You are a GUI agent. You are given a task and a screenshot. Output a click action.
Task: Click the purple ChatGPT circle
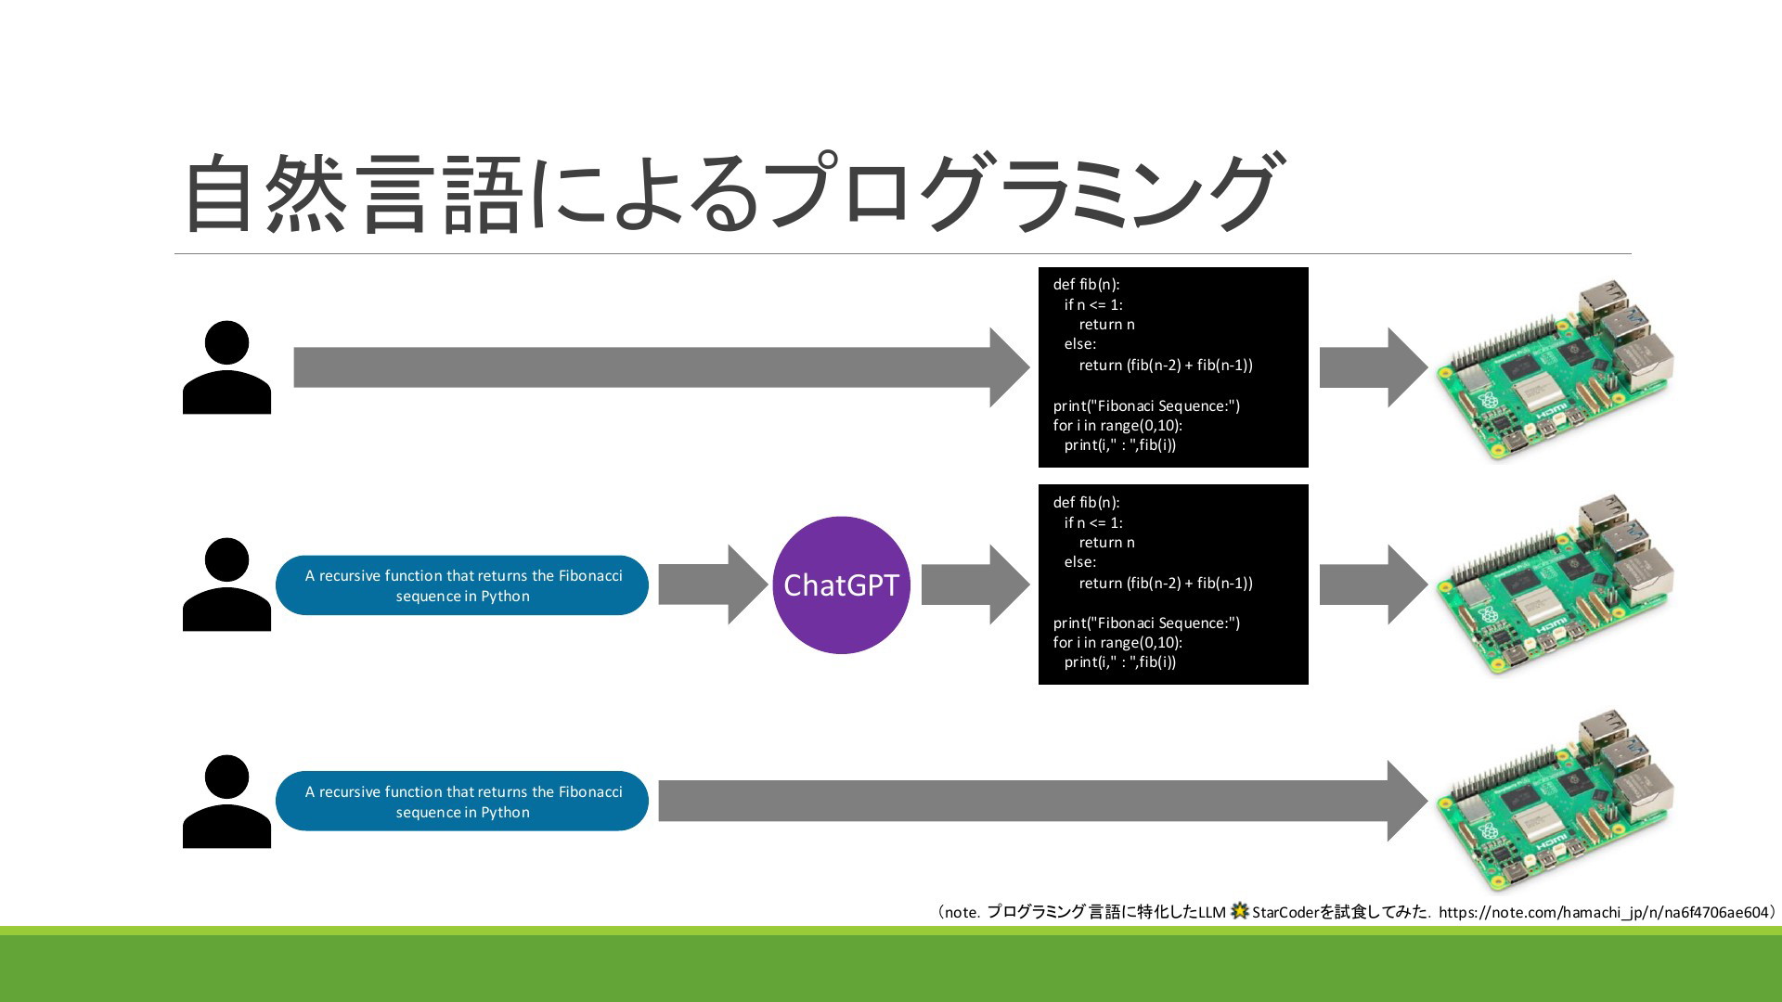click(841, 584)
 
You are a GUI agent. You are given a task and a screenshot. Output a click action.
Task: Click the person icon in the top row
click(226, 367)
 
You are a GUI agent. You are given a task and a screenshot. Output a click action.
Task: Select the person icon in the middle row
click(226, 584)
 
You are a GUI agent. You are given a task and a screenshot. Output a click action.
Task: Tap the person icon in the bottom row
click(226, 802)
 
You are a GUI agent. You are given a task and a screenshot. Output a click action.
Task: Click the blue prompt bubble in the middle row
click(462, 585)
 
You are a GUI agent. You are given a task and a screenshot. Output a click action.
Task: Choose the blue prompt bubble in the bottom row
click(462, 802)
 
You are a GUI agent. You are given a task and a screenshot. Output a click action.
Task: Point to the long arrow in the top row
click(662, 367)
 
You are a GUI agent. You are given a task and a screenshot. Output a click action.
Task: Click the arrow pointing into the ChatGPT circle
click(714, 584)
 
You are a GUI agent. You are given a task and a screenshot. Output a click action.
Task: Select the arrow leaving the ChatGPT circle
click(975, 584)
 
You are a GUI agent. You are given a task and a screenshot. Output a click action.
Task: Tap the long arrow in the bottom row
click(1043, 801)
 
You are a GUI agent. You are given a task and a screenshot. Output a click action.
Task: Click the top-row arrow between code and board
click(1374, 367)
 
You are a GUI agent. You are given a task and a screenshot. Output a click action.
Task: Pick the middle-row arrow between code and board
click(1374, 584)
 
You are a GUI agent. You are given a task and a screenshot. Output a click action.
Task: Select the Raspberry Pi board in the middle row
click(1556, 585)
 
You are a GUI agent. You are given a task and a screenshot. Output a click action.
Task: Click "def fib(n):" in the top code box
click(1086, 285)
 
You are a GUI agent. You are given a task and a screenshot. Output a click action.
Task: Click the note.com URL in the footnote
click(1604, 912)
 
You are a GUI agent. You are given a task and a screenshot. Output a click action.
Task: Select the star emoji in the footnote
click(1239, 911)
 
